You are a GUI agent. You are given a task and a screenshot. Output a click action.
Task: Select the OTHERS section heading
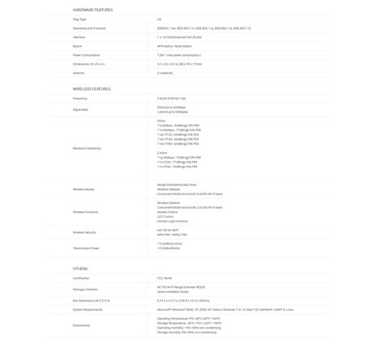(x=79, y=268)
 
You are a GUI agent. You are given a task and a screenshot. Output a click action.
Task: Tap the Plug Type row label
(x=80, y=17)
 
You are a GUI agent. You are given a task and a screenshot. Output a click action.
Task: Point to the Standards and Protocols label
(x=90, y=27)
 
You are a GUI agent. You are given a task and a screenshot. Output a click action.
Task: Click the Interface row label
(x=79, y=37)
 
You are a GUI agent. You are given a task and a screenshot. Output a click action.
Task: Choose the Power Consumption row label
(x=86, y=54)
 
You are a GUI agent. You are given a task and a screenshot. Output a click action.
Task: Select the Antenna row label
(x=78, y=73)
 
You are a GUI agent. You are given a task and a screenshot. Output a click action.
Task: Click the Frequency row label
(x=80, y=98)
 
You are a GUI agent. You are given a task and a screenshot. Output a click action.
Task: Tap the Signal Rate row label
(x=81, y=108)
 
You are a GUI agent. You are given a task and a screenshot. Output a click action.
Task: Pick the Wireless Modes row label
(x=83, y=189)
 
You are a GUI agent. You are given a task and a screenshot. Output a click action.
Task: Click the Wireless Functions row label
(x=85, y=211)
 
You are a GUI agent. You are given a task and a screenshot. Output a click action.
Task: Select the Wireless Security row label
(x=84, y=232)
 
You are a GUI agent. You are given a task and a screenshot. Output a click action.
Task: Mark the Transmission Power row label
(x=86, y=248)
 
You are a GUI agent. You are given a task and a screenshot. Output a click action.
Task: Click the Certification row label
(x=82, y=277)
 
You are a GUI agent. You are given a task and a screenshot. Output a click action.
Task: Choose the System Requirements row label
(x=87, y=308)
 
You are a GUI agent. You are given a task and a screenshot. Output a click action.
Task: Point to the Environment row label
(x=82, y=325)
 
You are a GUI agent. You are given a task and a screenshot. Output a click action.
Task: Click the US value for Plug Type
(x=158, y=17)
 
